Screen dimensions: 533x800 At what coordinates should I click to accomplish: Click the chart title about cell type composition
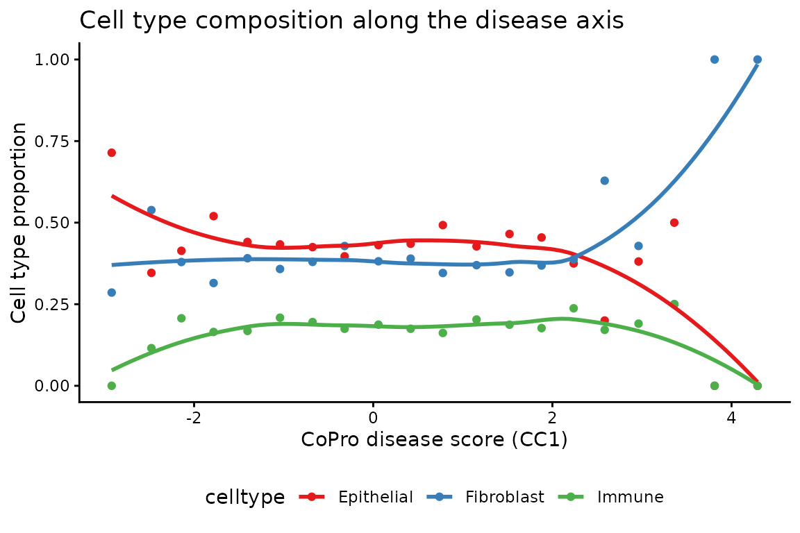tap(351, 21)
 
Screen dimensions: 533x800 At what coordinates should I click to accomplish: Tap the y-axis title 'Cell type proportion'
tap(19, 223)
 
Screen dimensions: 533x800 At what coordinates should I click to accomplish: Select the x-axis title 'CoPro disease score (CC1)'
tap(434, 439)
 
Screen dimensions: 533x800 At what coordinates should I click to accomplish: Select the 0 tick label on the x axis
tap(373, 418)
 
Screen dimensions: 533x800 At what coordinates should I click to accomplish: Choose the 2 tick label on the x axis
tap(552, 418)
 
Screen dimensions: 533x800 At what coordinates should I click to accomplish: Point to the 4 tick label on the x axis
tap(731, 418)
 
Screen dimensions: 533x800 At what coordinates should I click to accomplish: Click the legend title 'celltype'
tap(245, 497)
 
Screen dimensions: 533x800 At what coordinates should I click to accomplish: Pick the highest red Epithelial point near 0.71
tap(112, 153)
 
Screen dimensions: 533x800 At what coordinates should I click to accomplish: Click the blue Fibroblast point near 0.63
tap(604, 180)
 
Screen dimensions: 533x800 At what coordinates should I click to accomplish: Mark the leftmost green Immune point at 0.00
tap(112, 386)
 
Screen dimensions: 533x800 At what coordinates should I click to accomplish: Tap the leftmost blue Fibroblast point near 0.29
tap(112, 292)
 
